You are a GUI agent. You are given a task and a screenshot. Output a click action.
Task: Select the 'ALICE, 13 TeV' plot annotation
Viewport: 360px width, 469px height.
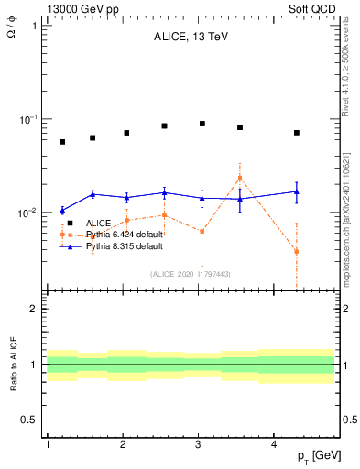pos(191,38)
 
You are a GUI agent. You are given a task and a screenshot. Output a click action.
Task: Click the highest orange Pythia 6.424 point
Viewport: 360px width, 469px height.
pos(240,178)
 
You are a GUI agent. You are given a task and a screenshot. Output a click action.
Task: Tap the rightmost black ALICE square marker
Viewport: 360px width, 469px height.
pos(297,133)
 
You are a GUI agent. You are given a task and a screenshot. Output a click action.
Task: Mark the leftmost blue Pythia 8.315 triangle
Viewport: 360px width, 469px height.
pos(62,211)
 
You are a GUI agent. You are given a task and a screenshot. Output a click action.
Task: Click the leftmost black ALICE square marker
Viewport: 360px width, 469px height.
pos(62,142)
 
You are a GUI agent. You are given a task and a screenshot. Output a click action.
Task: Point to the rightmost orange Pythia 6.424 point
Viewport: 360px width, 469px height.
pos(297,252)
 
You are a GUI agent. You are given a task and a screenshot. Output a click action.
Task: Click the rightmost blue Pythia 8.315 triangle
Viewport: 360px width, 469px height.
pos(297,191)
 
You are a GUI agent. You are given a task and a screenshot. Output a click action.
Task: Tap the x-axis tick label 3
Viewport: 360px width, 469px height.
pos(199,444)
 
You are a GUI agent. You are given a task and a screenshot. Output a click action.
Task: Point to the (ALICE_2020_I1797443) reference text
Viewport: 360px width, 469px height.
pos(191,274)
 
